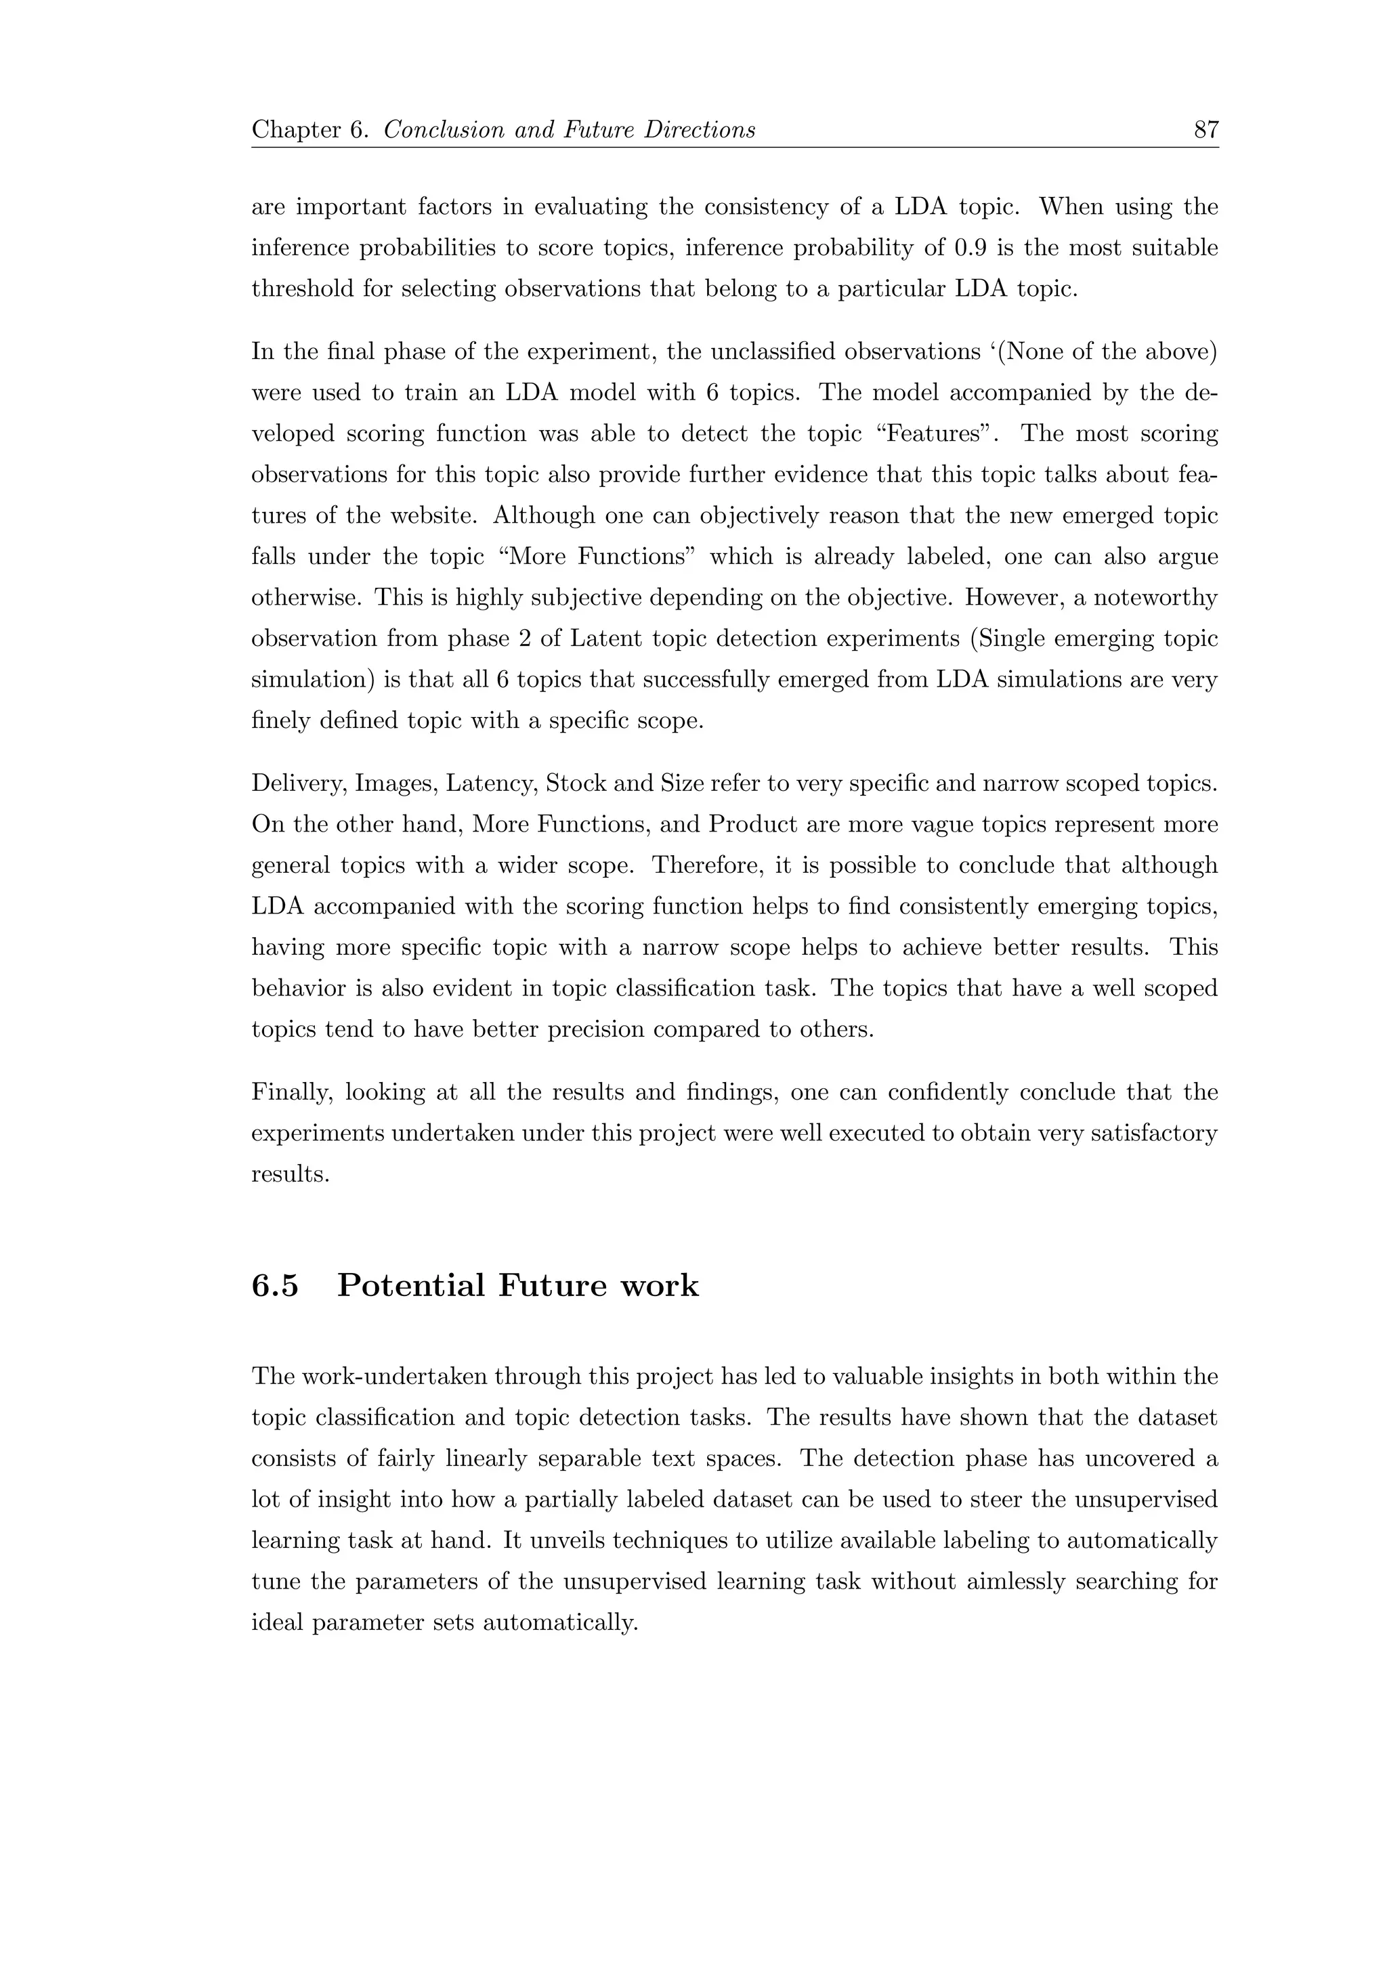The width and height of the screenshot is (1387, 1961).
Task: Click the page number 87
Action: [1205, 130]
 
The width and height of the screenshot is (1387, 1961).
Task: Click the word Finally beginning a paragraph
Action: [291, 1092]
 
